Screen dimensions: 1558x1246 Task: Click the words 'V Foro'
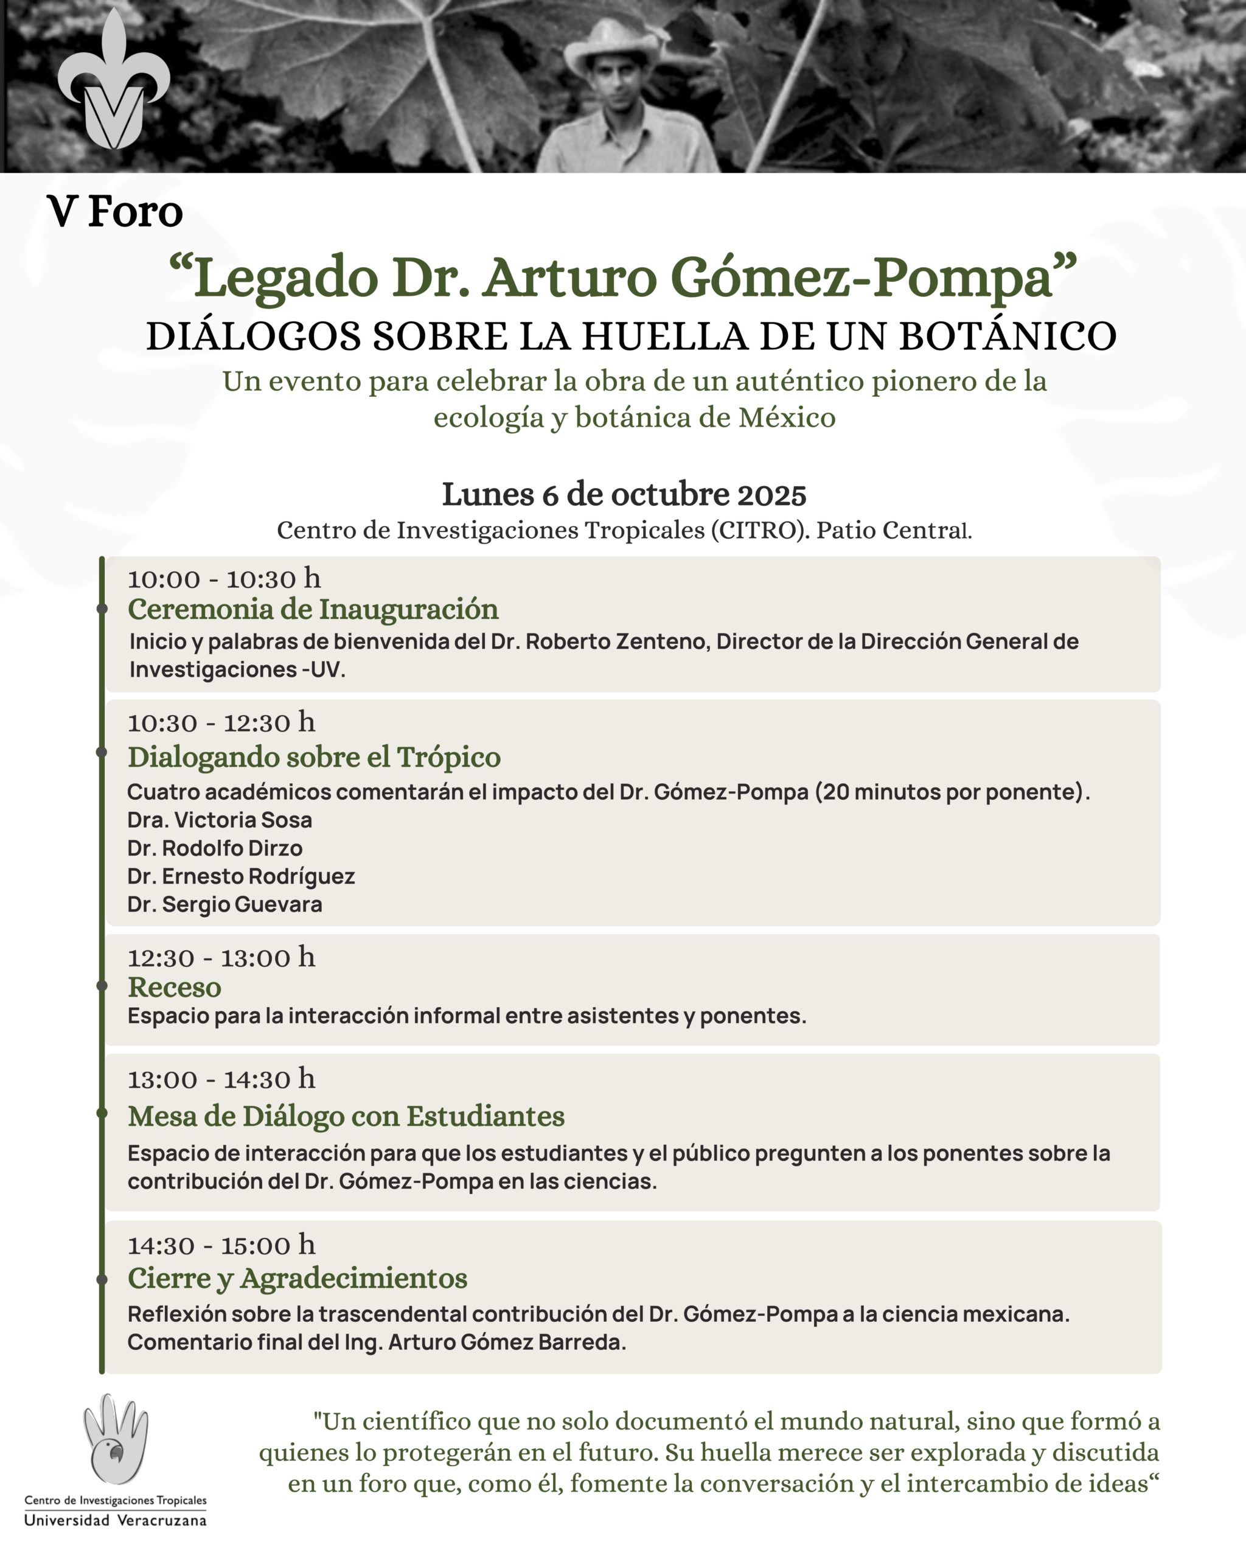coord(115,212)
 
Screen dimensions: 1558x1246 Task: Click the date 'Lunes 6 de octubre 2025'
coord(624,495)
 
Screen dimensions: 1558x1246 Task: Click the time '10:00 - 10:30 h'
coord(224,579)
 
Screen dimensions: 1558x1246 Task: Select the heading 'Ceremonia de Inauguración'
coord(313,609)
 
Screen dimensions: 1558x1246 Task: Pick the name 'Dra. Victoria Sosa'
coord(220,820)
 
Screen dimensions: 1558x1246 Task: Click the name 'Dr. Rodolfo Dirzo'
coord(215,848)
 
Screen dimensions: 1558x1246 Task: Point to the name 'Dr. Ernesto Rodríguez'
coord(240,876)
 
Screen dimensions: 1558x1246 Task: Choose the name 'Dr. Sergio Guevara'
coord(224,905)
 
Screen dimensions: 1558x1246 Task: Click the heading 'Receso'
coord(174,987)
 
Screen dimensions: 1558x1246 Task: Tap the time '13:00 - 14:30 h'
coord(221,1080)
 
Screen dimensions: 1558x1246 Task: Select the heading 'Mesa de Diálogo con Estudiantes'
coord(346,1117)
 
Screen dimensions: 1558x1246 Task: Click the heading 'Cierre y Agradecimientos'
coord(297,1278)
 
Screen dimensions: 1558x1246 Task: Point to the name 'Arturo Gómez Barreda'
coord(505,1342)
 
